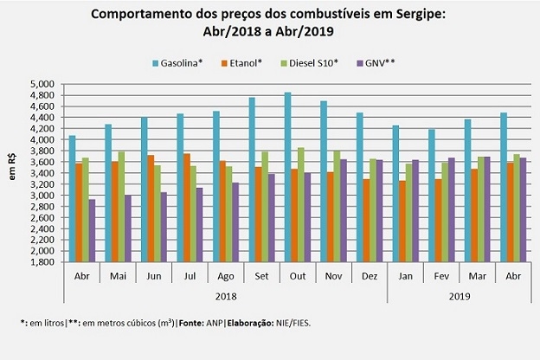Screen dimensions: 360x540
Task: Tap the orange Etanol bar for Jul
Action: [x=187, y=208]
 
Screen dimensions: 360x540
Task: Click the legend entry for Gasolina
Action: [x=178, y=62]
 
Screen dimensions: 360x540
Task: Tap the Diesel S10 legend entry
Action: [x=313, y=62]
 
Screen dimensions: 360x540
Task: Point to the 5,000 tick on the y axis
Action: [x=43, y=84]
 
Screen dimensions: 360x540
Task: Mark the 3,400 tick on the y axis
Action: [x=43, y=173]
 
